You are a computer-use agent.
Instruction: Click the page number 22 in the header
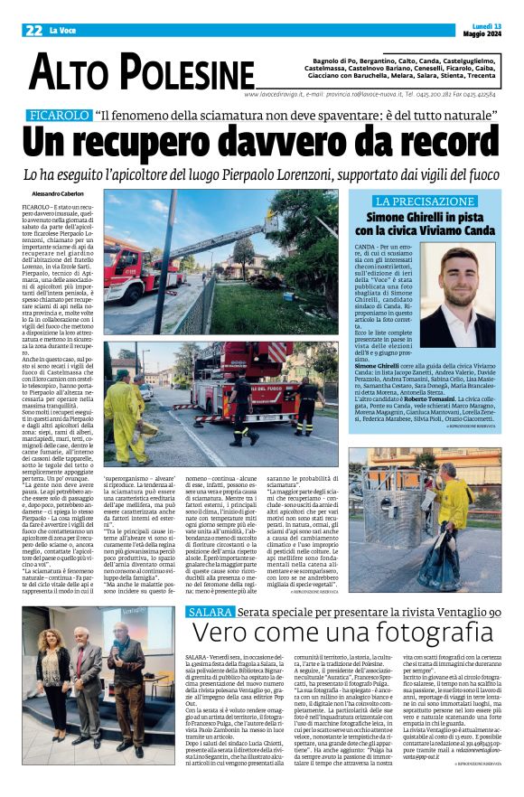point(33,30)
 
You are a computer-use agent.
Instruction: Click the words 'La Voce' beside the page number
point(63,30)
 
